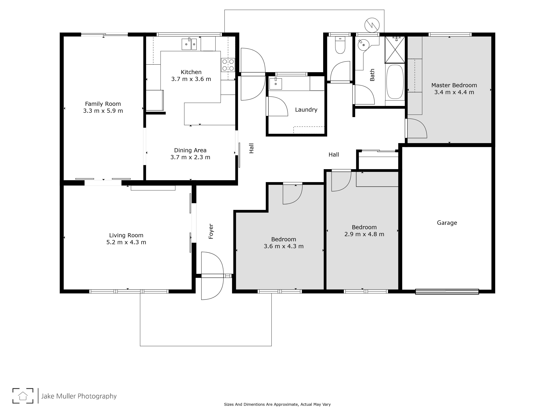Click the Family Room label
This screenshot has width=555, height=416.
pos(103,104)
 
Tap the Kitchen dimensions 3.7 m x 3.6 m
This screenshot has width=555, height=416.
pos(191,79)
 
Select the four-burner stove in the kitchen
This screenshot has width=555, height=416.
pos(228,65)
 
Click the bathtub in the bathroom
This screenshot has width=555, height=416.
pos(395,82)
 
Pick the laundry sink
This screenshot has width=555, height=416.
pos(276,84)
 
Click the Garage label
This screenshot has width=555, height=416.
pos(447,223)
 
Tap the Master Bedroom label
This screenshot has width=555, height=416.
pos(454,85)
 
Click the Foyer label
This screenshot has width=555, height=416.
pos(211,231)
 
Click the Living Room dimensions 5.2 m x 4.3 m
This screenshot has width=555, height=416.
pos(126,242)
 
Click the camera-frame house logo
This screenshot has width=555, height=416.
pos(23,396)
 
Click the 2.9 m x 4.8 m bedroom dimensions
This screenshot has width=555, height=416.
pos(364,234)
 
